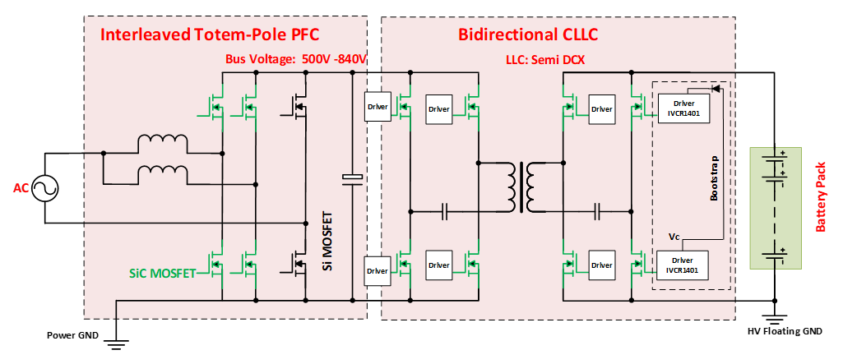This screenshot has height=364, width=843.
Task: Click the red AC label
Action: tap(21, 189)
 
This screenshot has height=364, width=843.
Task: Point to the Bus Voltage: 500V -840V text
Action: tap(295, 60)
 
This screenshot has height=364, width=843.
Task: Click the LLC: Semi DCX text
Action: tap(540, 60)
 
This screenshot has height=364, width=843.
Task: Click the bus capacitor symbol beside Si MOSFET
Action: tap(352, 179)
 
